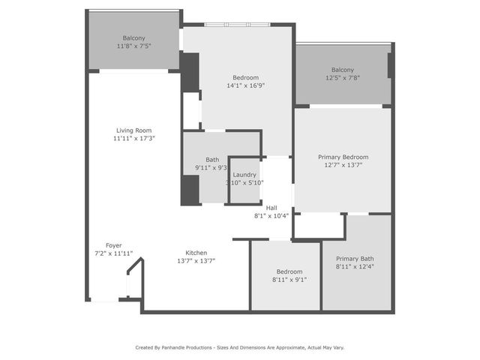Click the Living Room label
coord(133,130)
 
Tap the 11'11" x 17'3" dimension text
coord(133,138)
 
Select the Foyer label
coord(113,245)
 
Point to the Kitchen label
coord(196,253)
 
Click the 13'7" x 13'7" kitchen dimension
coord(196,261)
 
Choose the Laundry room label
coord(244,175)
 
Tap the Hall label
coord(271,208)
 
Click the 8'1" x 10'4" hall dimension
coord(271,216)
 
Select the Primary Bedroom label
coord(343,157)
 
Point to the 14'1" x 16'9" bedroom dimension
coord(245,85)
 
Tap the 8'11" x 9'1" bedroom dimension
coord(289,280)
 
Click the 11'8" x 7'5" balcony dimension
coord(133,46)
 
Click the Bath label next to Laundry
coord(212,159)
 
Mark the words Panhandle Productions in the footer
coord(187,347)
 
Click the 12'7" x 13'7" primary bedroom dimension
coord(343,165)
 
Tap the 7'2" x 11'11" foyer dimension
coord(113,253)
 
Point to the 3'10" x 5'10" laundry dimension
coord(244,183)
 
